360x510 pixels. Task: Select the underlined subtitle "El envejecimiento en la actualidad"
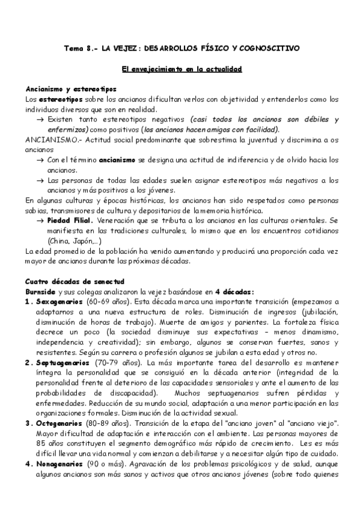181,70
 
